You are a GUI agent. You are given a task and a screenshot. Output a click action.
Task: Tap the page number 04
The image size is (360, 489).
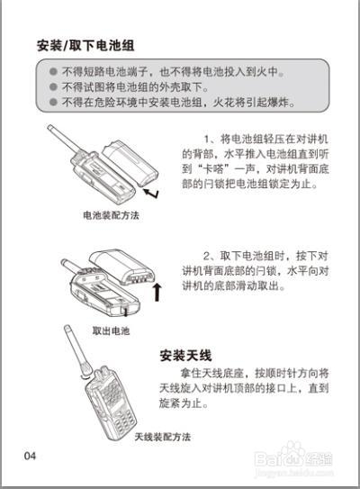coord(31,456)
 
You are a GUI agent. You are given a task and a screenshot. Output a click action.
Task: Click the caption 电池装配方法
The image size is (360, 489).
coord(111,216)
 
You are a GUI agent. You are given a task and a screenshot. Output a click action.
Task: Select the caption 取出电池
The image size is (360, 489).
coord(111,331)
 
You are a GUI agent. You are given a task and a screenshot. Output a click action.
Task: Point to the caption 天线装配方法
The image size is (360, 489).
coord(163,437)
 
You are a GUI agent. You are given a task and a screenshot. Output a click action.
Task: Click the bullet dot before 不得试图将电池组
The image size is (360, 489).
coord(54,87)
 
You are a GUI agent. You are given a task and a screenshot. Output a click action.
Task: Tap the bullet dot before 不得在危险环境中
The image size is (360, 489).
coord(54,103)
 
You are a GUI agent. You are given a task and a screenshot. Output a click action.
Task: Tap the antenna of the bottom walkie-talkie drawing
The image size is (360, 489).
coord(76,352)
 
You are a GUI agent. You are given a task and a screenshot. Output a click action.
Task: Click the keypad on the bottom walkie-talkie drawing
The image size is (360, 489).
coord(111,404)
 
